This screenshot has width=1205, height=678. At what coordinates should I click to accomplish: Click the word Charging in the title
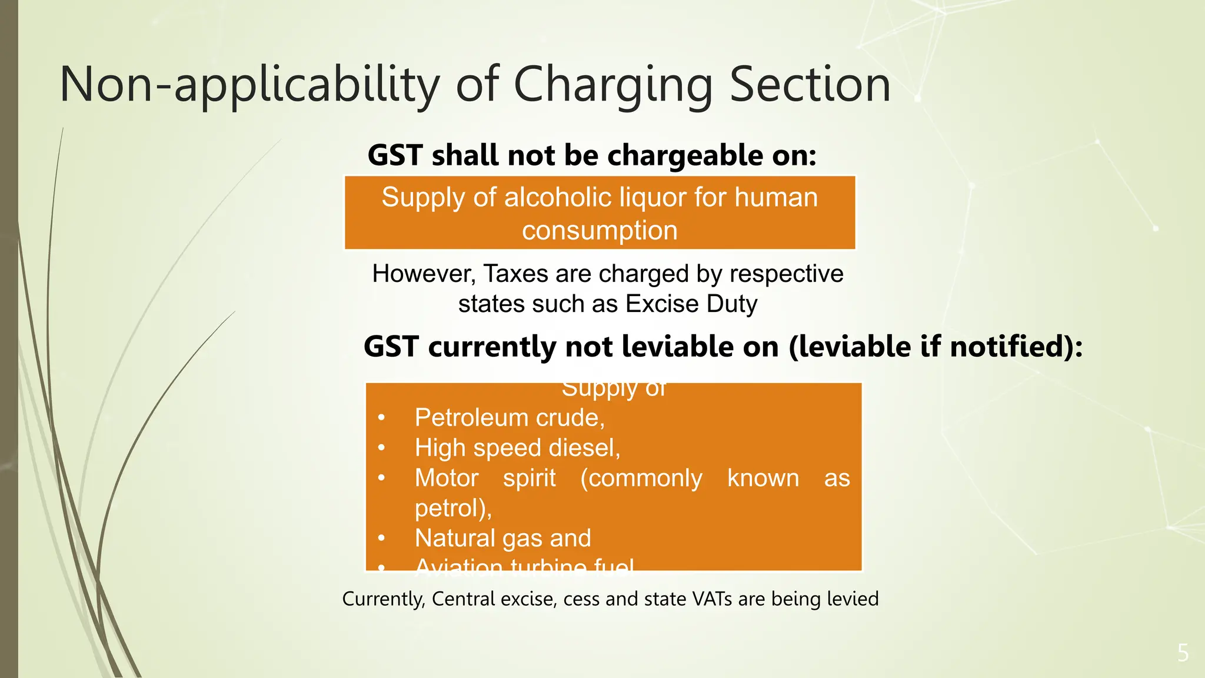613,85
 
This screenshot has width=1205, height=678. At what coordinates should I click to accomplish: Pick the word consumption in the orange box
600,230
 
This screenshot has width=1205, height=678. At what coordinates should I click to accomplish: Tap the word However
423,274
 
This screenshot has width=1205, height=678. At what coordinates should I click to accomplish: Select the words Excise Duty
691,304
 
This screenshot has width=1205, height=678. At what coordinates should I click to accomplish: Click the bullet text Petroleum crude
510,418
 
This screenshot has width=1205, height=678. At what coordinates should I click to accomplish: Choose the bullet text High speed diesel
517,448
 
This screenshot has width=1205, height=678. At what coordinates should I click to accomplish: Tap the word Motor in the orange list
447,478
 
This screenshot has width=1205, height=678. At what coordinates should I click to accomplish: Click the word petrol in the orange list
450,508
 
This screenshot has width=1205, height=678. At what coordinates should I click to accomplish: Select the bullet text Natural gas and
502,538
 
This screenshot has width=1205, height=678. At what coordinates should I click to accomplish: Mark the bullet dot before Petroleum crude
381,418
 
